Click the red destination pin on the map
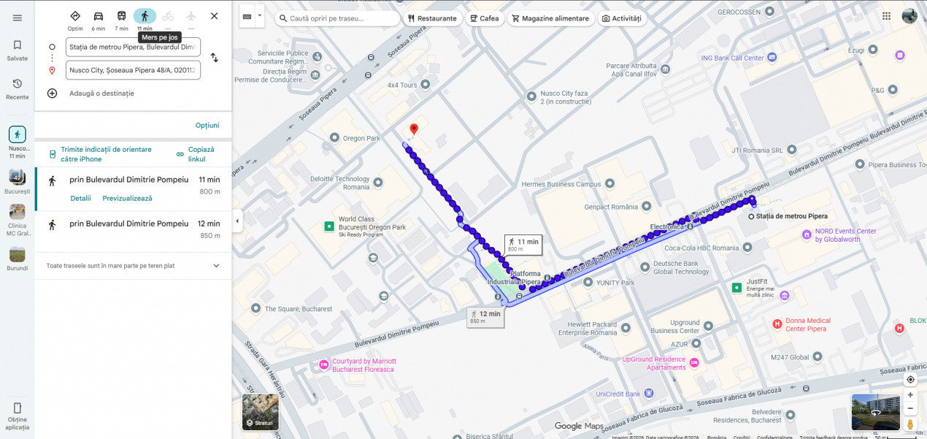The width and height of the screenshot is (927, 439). coord(414,130)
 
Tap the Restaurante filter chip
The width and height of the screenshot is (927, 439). coord(433,18)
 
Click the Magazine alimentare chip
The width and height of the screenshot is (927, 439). coord(550,18)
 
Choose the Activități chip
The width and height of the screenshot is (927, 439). coord(622,18)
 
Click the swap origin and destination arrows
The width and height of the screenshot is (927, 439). coord(215,58)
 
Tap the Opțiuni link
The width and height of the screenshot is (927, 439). coord(207,125)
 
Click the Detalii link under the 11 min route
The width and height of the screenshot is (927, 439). coord(81,198)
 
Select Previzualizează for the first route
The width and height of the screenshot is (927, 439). coord(128,198)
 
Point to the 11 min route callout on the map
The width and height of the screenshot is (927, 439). coord(523,245)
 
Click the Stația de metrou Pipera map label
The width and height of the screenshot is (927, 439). coord(791,216)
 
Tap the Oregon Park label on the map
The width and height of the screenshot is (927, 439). coord(361,138)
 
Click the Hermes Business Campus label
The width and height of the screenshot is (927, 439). coord(561,184)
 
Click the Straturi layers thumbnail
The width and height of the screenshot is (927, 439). coord(261,412)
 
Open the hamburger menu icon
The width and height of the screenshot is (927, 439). coord(18,18)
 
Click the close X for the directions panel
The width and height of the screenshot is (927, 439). coord(214,16)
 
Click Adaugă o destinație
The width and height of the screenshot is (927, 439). coord(101,93)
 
